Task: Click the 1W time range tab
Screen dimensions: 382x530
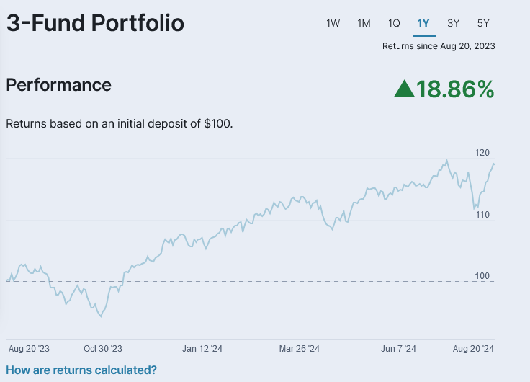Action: tap(333, 23)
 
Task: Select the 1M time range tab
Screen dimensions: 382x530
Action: tap(364, 23)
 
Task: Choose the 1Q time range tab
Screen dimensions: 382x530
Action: tap(394, 23)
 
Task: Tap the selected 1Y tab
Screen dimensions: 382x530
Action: tap(423, 23)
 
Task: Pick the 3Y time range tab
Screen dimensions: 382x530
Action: tap(453, 23)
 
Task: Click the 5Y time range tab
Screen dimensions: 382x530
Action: tap(483, 23)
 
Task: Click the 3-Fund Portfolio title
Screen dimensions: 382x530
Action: tap(95, 23)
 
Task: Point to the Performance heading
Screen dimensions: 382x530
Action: tap(58, 85)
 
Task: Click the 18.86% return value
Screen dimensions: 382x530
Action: tap(455, 89)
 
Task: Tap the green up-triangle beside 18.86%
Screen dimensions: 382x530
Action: tap(404, 89)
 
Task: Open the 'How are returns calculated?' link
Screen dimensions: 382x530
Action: tap(81, 370)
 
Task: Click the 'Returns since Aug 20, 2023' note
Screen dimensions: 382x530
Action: tap(439, 46)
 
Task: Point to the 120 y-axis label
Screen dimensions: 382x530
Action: tap(482, 153)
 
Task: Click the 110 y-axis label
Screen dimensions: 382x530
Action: tap(482, 215)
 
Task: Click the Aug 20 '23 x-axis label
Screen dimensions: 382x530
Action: tap(29, 348)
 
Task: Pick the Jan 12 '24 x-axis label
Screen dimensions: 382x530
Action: tap(202, 348)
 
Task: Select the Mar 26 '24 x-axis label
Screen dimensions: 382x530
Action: tap(299, 348)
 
